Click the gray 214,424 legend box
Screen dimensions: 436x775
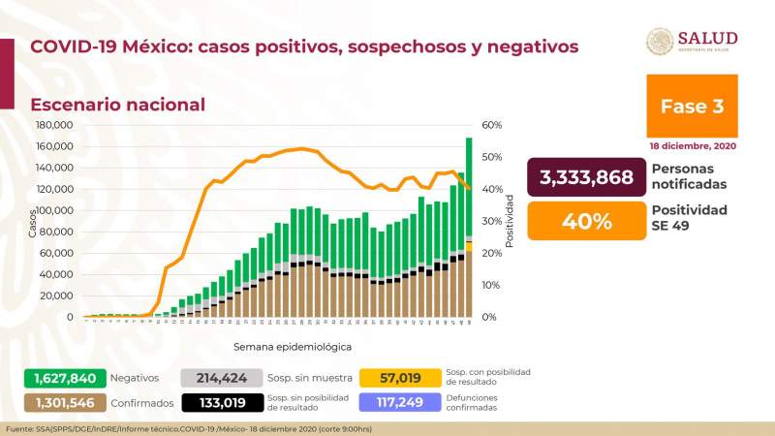(220, 378)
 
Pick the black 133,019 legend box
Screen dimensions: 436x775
(220, 402)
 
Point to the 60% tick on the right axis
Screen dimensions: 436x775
(490, 125)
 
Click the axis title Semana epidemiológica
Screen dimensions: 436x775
(292, 346)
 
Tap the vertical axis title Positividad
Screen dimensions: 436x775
(510, 220)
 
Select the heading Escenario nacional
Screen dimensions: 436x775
(117, 105)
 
